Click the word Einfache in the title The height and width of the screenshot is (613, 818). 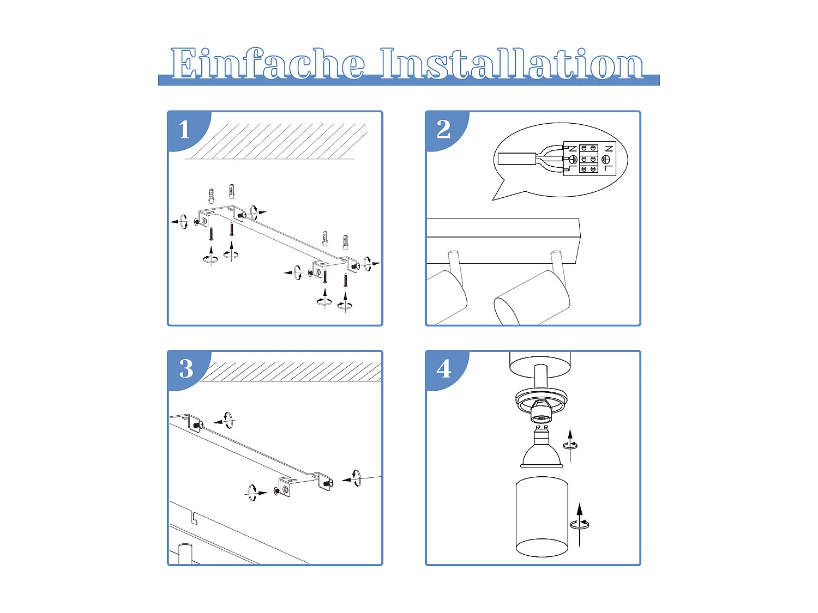pyautogui.click(x=267, y=64)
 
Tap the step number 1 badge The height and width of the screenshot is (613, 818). pyautogui.click(x=185, y=130)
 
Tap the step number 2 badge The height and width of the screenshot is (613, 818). pyautogui.click(x=443, y=130)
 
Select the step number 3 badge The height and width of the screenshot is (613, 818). pyautogui.click(x=186, y=369)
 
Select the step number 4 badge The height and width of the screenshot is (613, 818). pyautogui.click(x=444, y=369)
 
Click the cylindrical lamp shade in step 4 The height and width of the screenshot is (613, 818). pyautogui.click(x=542, y=516)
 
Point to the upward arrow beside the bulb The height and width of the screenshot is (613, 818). pyautogui.click(x=570, y=444)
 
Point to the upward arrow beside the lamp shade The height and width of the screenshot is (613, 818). pyautogui.click(x=580, y=523)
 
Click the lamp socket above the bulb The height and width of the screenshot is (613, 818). pyautogui.click(x=541, y=406)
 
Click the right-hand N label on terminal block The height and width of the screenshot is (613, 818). pyautogui.click(x=609, y=148)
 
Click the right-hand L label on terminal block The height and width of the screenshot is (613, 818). pyautogui.click(x=609, y=168)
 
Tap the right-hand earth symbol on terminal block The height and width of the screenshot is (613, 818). pyautogui.click(x=606, y=159)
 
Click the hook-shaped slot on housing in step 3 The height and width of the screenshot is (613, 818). pyautogui.click(x=194, y=518)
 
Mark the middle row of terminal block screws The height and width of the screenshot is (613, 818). pyautogui.click(x=588, y=159)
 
